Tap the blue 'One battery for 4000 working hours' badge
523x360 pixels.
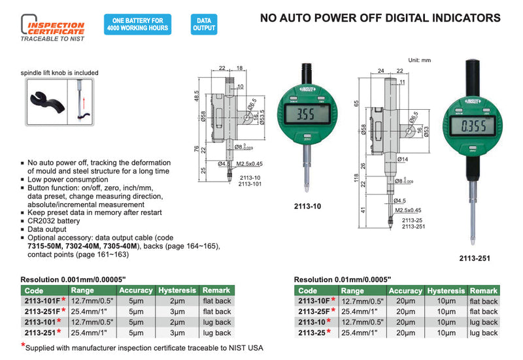click(x=137, y=24)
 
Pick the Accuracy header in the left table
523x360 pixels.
click(x=135, y=290)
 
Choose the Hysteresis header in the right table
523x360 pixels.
click(x=447, y=291)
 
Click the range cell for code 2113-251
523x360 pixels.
click(x=90, y=332)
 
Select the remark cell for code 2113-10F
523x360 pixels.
click(x=483, y=301)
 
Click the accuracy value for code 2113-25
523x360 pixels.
click(x=405, y=332)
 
